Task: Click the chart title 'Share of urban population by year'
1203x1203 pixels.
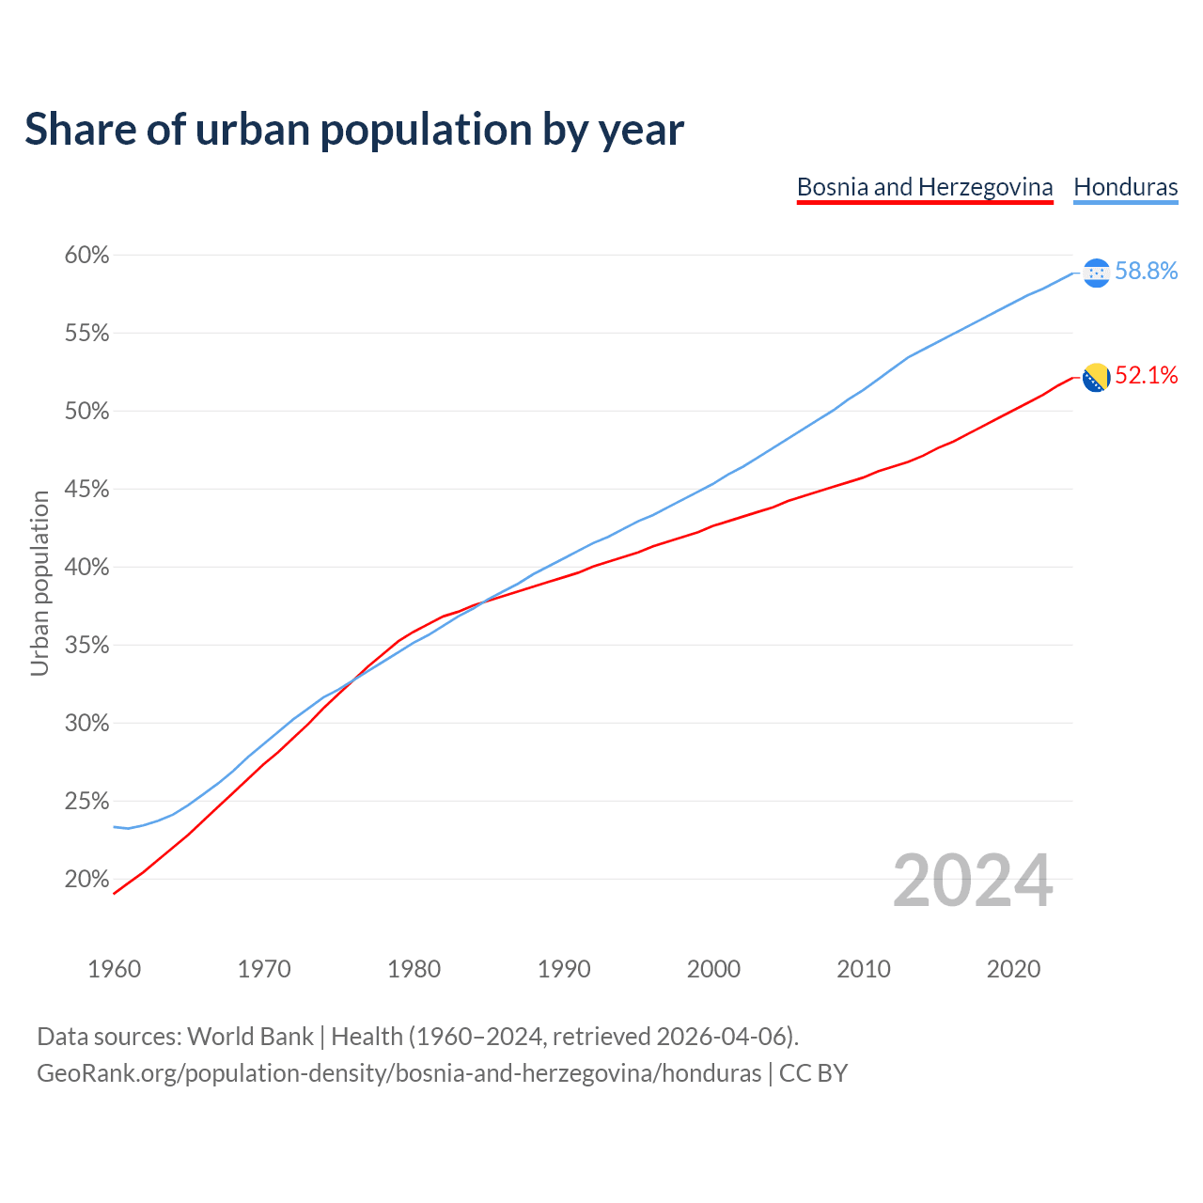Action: pos(354,130)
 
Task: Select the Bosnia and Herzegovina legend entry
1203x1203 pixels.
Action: pos(925,187)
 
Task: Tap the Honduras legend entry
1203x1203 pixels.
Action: pos(1125,187)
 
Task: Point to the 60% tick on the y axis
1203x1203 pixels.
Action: pos(86,256)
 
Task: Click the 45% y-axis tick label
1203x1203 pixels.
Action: pos(86,490)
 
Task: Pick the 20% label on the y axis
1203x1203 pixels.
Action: pos(86,880)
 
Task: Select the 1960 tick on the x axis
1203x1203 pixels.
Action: pos(114,969)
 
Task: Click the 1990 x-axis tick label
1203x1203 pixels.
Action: pos(564,969)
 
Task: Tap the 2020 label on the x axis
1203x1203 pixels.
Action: pos(1013,969)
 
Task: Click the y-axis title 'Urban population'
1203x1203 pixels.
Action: pos(39,583)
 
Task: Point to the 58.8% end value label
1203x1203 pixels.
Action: pos(1146,272)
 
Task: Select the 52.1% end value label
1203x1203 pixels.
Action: pos(1146,376)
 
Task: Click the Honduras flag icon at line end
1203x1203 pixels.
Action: pos(1096,273)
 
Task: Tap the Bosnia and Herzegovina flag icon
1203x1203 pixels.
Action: pos(1096,378)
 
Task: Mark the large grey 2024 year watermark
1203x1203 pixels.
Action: pos(973,882)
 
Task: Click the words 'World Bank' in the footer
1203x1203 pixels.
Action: pos(250,1037)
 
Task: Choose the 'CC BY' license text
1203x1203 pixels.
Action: pos(813,1073)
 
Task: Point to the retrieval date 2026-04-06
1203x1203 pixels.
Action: pos(721,1037)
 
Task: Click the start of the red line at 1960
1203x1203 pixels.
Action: pos(115,892)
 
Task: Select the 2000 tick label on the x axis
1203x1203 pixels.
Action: pos(713,969)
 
